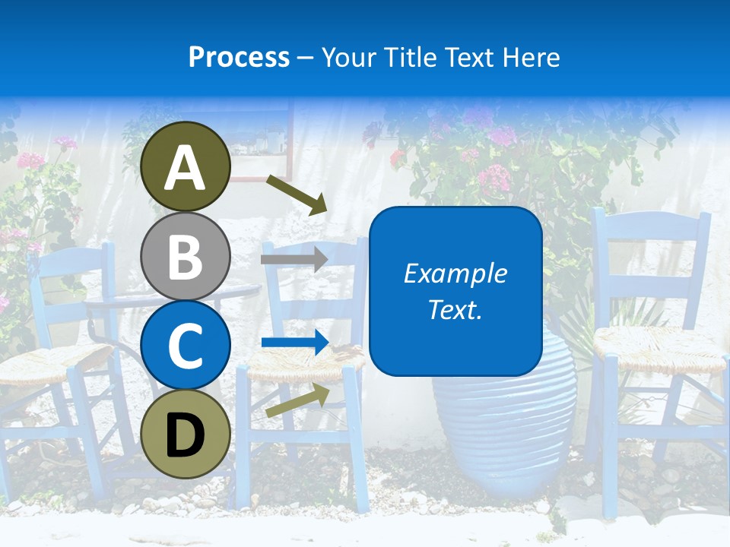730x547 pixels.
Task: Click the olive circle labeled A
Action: click(x=185, y=166)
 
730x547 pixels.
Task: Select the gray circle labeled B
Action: click(x=185, y=256)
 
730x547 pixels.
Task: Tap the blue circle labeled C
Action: click(x=185, y=345)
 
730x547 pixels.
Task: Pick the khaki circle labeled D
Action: click(x=185, y=433)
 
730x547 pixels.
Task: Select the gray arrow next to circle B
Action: click(x=294, y=259)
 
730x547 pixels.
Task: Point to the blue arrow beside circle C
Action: click(x=294, y=343)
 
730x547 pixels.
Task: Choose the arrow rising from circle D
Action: click(x=297, y=400)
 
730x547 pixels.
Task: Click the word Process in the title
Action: click(x=239, y=57)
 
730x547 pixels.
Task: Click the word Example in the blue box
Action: click(x=455, y=273)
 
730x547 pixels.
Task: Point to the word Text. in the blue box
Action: click(x=455, y=309)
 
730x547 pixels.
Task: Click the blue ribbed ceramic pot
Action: click(x=502, y=425)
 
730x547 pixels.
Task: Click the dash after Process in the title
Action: click(x=306, y=58)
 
